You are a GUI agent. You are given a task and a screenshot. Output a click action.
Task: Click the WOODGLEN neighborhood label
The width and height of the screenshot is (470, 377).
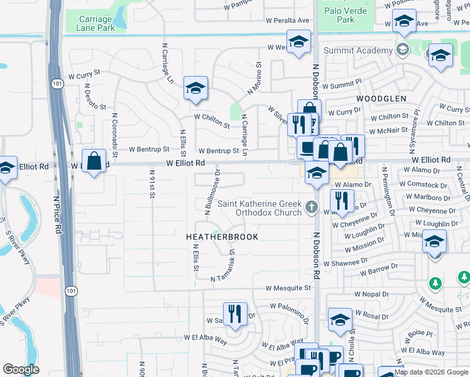pyautogui.click(x=381, y=99)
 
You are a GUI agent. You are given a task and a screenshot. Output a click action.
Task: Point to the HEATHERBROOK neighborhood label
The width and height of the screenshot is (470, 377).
pyautogui.click(x=214, y=237)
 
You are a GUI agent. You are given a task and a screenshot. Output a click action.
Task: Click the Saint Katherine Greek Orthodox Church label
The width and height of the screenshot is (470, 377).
pyautogui.click(x=260, y=207)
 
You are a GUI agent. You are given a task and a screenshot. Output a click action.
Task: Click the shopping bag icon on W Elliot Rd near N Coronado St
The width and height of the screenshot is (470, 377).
pyautogui.click(x=94, y=161)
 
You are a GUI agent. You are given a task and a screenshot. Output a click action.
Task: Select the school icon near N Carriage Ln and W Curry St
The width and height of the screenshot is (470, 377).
pyautogui.click(x=195, y=89)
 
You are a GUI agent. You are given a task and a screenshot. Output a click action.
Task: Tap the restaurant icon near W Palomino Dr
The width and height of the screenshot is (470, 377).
pyautogui.click(x=235, y=314)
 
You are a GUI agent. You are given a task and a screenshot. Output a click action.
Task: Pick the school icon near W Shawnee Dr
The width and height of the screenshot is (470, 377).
pyautogui.click(x=434, y=241)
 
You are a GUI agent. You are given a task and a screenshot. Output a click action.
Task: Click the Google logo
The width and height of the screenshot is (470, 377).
pyautogui.click(x=21, y=369)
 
